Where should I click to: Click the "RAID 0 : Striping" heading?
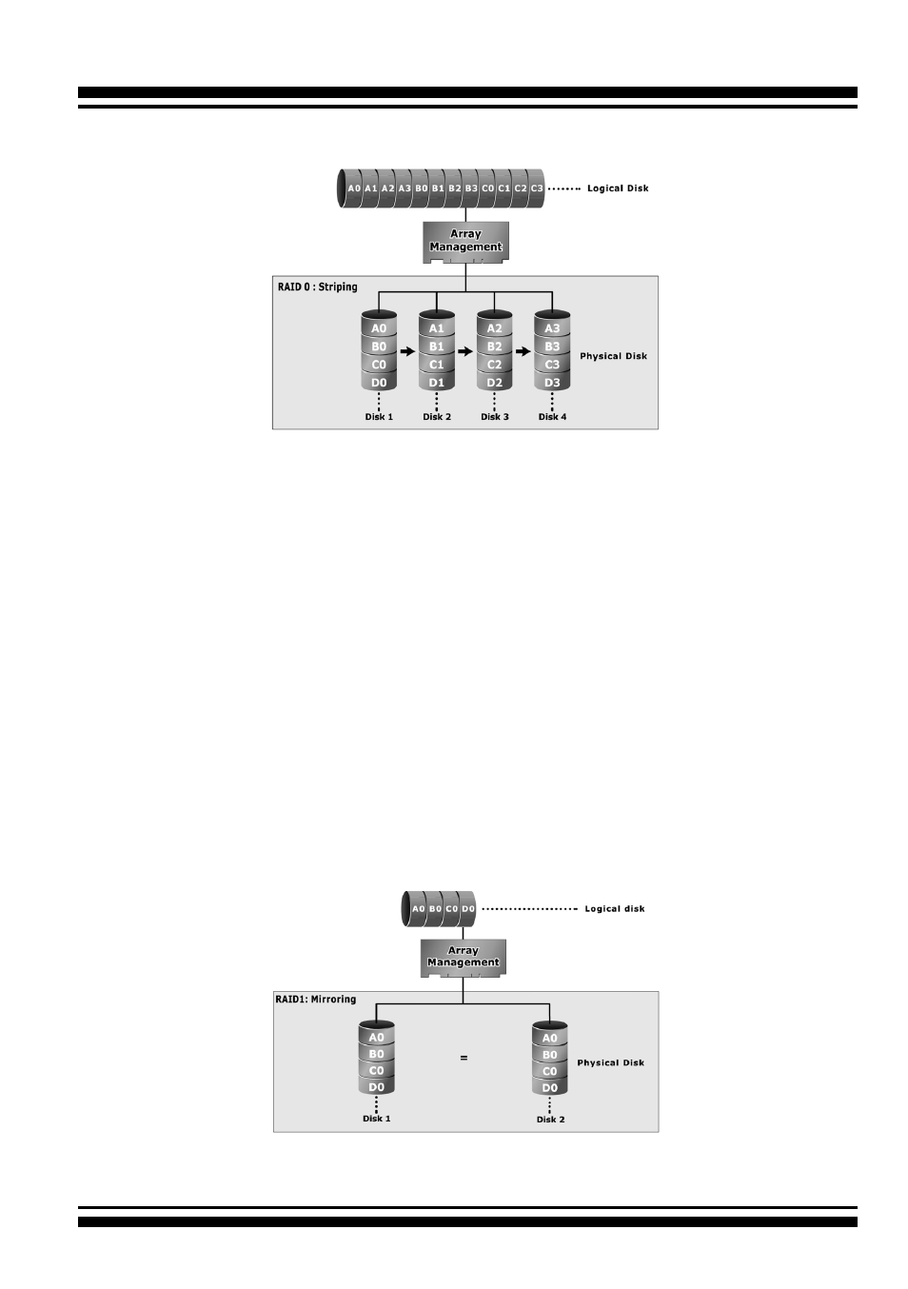tap(317, 287)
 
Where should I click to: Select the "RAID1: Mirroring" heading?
tap(315, 999)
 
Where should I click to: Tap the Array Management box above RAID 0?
tap(465, 242)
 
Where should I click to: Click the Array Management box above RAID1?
tap(464, 958)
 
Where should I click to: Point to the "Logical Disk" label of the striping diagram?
tap(618, 188)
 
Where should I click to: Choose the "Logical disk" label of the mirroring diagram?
tap(615, 908)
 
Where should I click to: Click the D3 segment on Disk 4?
tap(552, 382)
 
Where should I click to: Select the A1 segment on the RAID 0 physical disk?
tap(437, 328)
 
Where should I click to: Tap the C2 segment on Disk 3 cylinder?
tap(494, 365)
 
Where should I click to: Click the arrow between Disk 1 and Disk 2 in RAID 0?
tap(407, 351)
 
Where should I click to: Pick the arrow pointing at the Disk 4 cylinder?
tap(523, 351)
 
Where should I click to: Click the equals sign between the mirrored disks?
tap(464, 1058)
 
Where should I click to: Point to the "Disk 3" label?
tap(495, 417)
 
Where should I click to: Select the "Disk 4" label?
tap(552, 417)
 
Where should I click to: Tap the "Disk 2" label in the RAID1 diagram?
tap(551, 1120)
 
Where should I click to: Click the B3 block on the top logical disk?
tap(471, 188)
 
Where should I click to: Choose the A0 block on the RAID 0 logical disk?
tap(354, 188)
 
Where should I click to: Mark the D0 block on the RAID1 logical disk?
tap(468, 908)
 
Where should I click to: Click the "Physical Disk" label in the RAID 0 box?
tap(613, 356)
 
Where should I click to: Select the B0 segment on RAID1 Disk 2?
tap(549, 1055)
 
